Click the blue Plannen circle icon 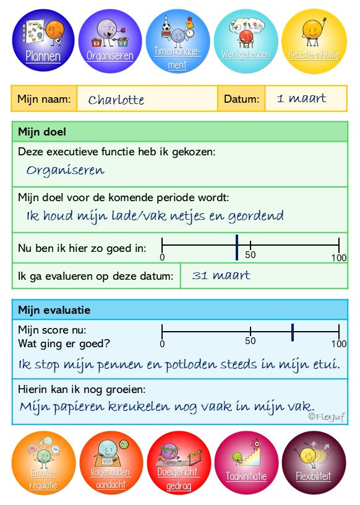click(x=43, y=40)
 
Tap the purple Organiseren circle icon click(x=111, y=40)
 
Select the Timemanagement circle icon click(x=178, y=40)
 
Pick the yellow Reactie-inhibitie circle click(x=314, y=40)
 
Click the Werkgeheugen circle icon click(x=246, y=40)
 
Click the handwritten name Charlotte click(x=116, y=100)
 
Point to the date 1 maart click(x=301, y=98)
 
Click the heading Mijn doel click(x=42, y=132)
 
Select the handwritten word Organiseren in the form click(x=66, y=170)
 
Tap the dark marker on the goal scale click(x=237, y=247)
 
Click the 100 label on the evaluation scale click(x=338, y=344)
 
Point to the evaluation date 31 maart click(x=221, y=275)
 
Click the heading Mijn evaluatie click(x=54, y=310)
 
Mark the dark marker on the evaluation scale click(x=292, y=332)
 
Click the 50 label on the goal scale click(x=251, y=254)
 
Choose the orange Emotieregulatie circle click(x=43, y=463)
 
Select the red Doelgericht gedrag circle click(x=179, y=463)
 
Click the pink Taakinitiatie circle click(x=246, y=463)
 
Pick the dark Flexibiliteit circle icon click(x=314, y=463)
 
